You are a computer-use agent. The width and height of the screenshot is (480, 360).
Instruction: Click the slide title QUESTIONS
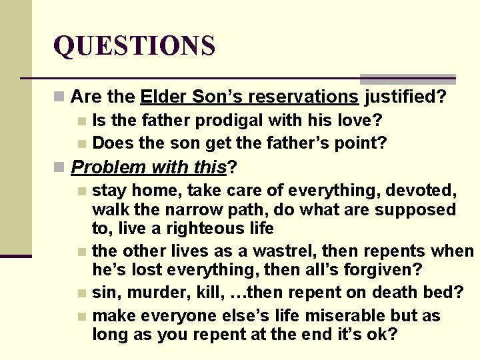click(x=134, y=46)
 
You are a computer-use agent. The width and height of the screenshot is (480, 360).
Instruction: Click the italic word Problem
click(x=109, y=167)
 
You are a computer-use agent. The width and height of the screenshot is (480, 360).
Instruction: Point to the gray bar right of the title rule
click(x=407, y=79)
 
